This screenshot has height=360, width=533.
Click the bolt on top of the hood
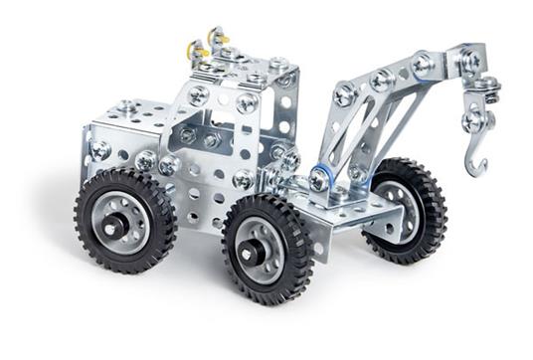126,105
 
